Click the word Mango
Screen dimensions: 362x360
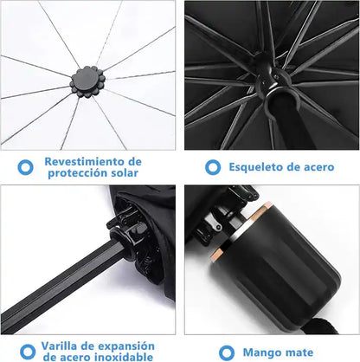click(262, 352)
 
